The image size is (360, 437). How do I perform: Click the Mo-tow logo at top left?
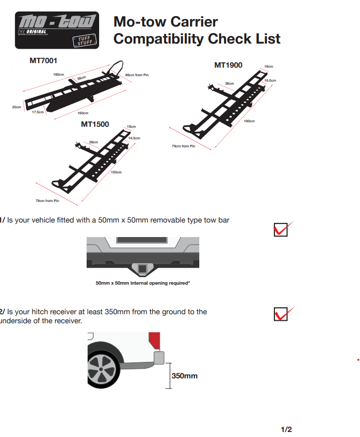[x=57, y=30]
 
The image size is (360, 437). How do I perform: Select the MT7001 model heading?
[x=44, y=61]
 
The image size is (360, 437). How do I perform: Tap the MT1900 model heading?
[x=228, y=65]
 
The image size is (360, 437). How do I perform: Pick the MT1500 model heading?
[x=95, y=124]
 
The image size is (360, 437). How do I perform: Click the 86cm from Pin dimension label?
[x=137, y=75]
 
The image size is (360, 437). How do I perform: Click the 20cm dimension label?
[x=17, y=107]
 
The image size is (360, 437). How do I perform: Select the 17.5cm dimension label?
[x=38, y=112]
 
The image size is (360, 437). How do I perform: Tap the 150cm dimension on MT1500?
[x=116, y=172]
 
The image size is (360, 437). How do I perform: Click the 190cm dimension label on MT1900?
[x=249, y=121]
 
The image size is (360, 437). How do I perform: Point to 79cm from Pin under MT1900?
[x=183, y=146]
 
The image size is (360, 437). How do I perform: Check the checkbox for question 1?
[x=281, y=229]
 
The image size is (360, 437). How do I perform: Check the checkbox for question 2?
[x=281, y=314]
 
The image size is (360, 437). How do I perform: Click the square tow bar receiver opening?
[x=143, y=269]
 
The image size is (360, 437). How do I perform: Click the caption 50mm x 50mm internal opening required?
[x=143, y=283]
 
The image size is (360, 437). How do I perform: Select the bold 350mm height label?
[x=184, y=375]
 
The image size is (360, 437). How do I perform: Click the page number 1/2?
[x=286, y=429]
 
